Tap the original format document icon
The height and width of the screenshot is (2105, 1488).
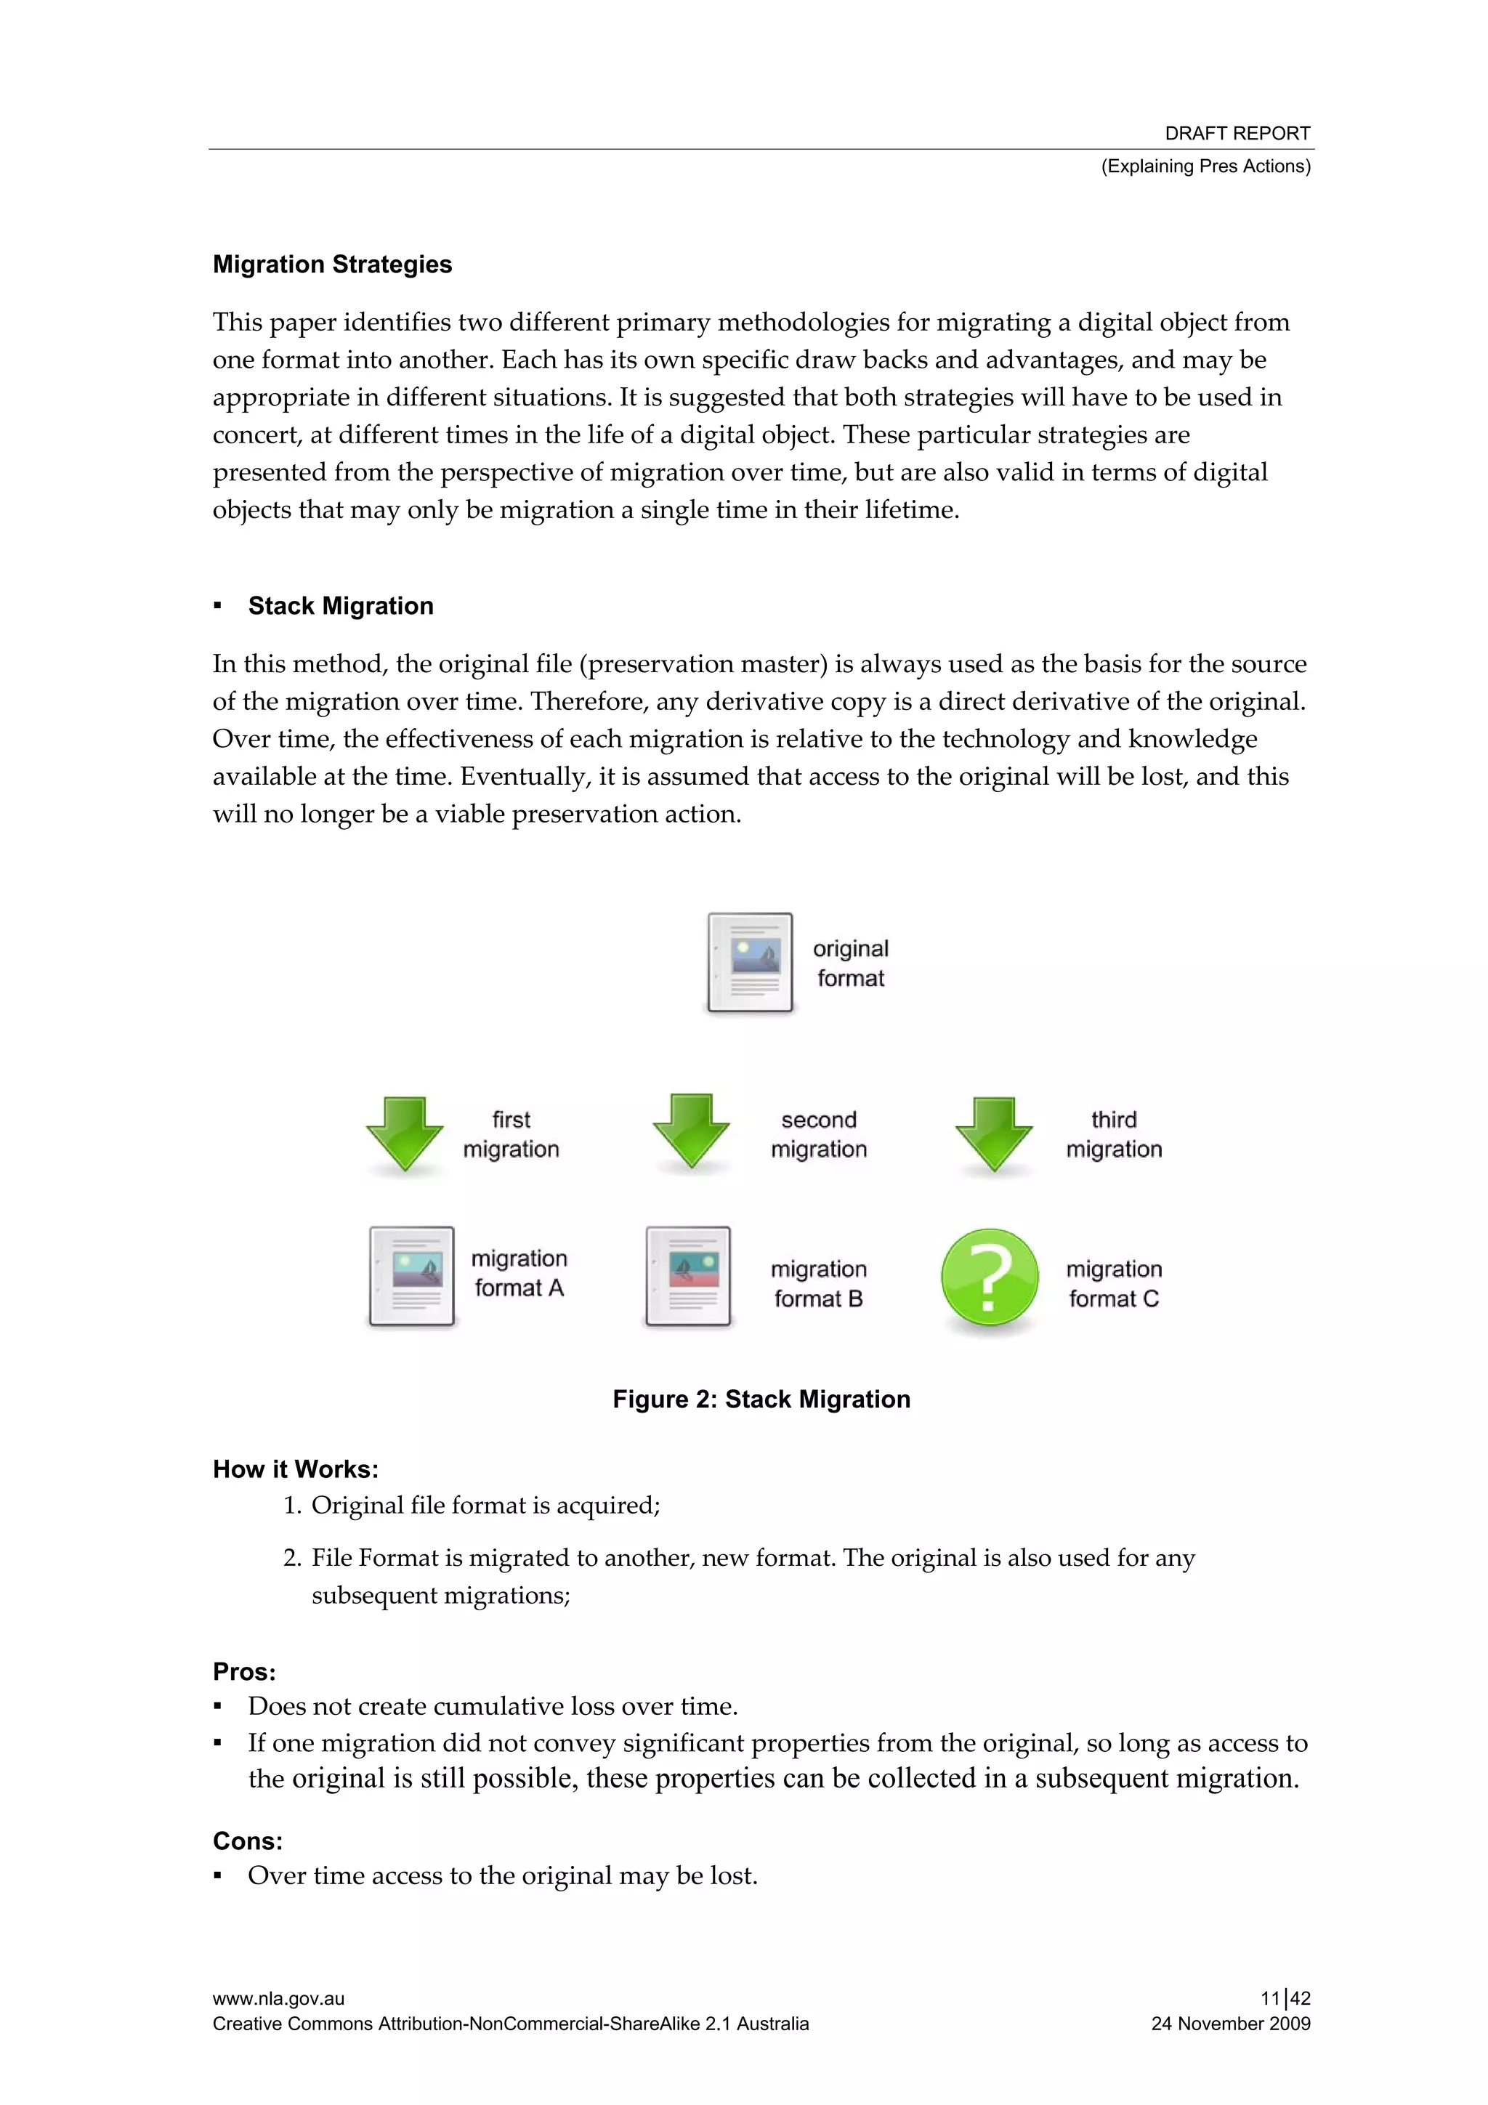[750, 963]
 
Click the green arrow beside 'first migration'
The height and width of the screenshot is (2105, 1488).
[404, 1134]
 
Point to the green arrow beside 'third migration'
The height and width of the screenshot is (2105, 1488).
[993, 1134]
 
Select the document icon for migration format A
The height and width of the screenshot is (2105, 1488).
[412, 1275]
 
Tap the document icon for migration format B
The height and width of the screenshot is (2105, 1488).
[689, 1275]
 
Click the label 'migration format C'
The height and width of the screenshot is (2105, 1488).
[1113, 1283]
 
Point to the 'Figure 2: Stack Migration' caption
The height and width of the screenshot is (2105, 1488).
[761, 1399]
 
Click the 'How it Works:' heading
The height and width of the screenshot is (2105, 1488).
[295, 1470]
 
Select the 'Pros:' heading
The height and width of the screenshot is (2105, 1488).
[244, 1671]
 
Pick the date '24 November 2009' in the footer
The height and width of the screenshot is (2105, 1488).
[1230, 2024]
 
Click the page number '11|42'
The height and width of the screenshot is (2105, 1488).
[1285, 1999]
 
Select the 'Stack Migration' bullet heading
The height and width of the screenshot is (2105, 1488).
[340, 606]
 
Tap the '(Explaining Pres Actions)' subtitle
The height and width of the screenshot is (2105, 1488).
[1205, 166]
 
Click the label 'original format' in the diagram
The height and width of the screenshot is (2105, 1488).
[850, 963]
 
